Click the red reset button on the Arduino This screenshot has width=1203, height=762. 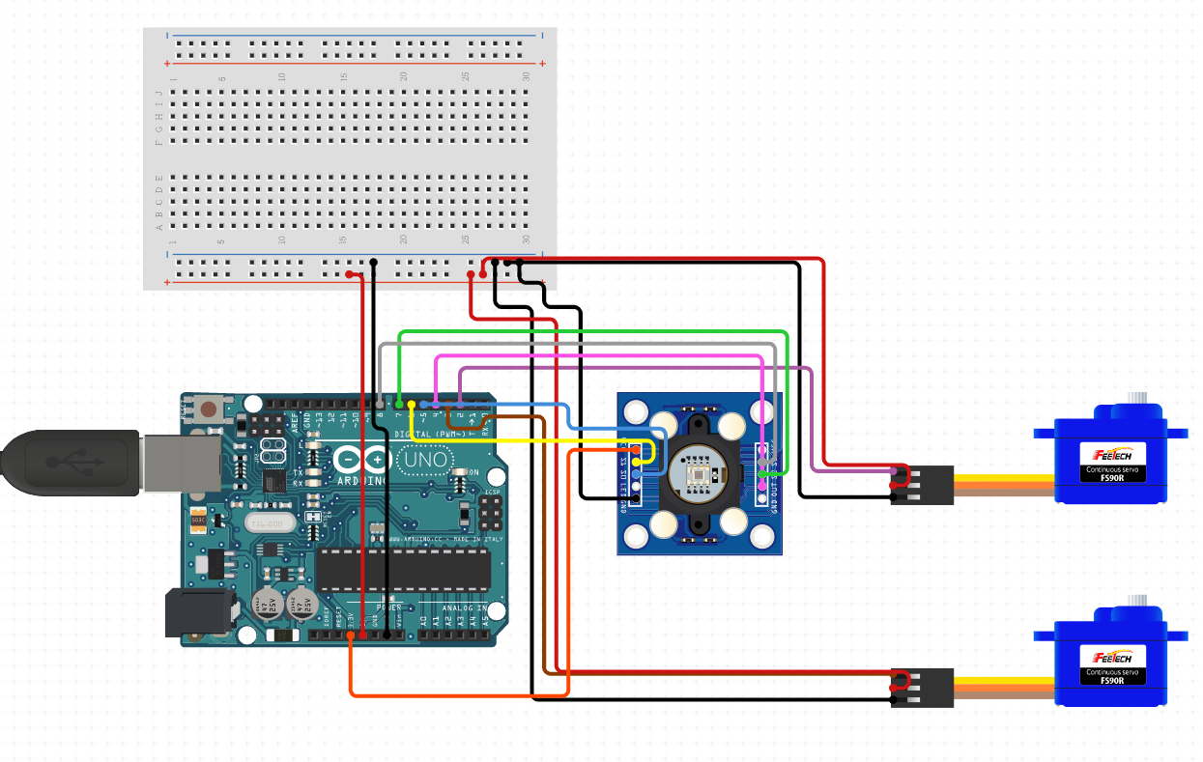pyautogui.click(x=208, y=410)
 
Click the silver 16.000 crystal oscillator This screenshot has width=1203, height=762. pyautogui.click(x=265, y=523)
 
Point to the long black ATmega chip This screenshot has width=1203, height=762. pyautogui.click(x=403, y=569)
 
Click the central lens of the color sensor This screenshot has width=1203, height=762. pyautogui.click(x=698, y=476)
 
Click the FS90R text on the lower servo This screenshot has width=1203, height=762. pyautogui.click(x=1113, y=680)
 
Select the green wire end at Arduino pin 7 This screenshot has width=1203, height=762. pyautogui.click(x=398, y=403)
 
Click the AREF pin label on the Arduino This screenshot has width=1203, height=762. pyautogui.click(x=295, y=419)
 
